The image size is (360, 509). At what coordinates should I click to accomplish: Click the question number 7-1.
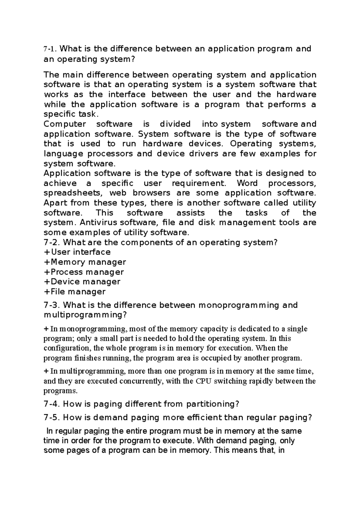coord(49,49)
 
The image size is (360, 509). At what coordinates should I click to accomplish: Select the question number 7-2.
coord(52,242)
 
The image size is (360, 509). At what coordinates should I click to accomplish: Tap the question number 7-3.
coord(52,305)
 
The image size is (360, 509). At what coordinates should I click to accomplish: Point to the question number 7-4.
coord(52,404)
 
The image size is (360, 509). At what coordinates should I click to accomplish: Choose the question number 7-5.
coord(52,418)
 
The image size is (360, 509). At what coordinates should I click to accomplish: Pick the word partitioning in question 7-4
coord(212,404)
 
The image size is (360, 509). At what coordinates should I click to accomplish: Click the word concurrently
coord(141,381)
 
